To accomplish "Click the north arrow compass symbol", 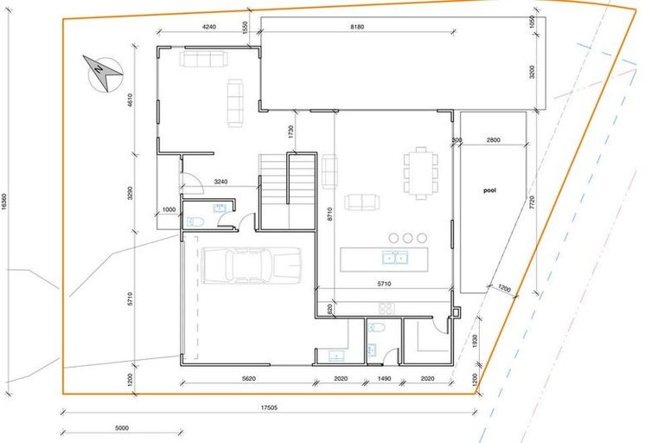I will click(x=102, y=73).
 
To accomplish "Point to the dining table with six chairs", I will click(x=420, y=172).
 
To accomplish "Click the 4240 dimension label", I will click(x=208, y=27).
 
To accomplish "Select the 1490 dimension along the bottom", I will click(x=384, y=377).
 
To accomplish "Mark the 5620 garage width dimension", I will click(x=247, y=377).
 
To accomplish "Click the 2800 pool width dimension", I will click(x=493, y=140).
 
